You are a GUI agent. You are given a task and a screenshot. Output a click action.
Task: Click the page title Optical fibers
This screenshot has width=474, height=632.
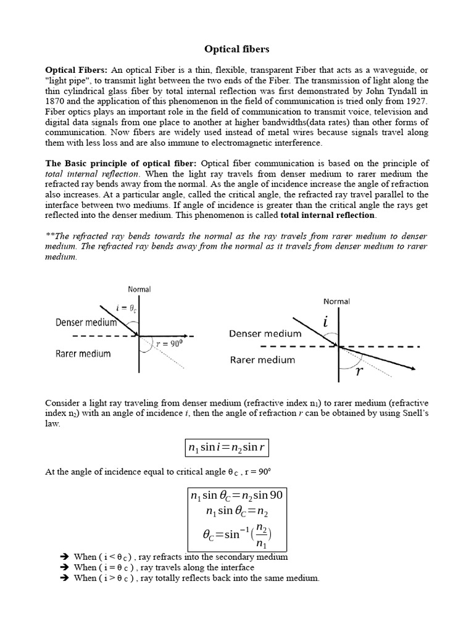click(237, 48)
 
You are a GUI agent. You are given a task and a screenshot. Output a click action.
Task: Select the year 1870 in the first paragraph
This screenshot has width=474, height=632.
click(57, 101)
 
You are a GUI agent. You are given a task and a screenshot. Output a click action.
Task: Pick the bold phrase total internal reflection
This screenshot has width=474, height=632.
click(327, 215)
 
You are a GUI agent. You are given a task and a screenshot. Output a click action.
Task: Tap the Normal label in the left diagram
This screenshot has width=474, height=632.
click(139, 289)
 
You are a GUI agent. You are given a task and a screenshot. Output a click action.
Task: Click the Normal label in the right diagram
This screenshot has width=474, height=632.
click(336, 301)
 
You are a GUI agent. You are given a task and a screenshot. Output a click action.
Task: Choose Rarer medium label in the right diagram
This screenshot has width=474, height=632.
click(262, 360)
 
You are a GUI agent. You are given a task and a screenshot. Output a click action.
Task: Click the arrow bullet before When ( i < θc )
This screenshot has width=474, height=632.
click(62, 557)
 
